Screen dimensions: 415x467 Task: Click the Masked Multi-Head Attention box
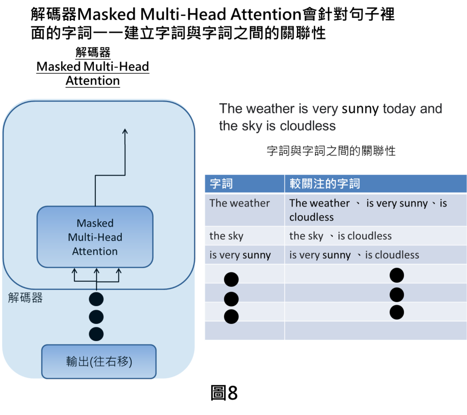point(95,237)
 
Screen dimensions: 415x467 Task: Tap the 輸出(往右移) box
point(99,362)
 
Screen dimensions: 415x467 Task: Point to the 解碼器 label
point(26,298)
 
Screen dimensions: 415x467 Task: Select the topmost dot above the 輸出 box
point(96,299)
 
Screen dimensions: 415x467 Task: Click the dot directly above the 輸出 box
point(96,334)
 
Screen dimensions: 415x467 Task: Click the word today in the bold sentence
point(400,109)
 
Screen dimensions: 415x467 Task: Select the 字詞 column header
point(221,184)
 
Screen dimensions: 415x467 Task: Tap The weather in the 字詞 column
point(239,203)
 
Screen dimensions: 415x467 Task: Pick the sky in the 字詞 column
point(226,236)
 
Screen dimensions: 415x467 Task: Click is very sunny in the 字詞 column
point(240,255)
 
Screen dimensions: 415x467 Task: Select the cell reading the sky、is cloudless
point(340,236)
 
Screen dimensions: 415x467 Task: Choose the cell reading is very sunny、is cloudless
point(354,255)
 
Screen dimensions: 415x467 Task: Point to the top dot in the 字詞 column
point(231,279)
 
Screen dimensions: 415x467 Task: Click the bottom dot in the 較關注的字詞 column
point(397,312)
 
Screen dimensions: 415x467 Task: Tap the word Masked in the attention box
point(95,223)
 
